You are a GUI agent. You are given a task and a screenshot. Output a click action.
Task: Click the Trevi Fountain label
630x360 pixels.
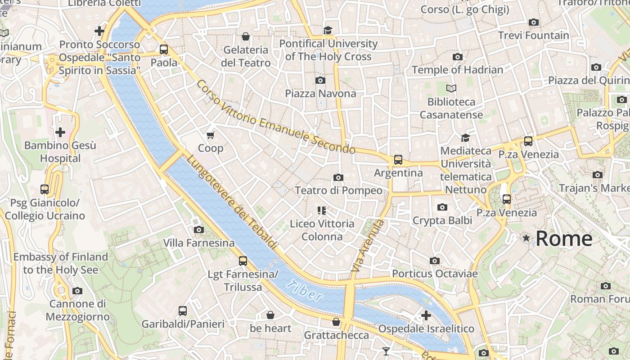coord(534,35)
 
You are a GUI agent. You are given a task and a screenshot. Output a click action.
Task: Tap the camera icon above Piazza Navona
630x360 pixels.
coord(320,81)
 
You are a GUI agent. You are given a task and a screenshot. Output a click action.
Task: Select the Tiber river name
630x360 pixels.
coord(305,291)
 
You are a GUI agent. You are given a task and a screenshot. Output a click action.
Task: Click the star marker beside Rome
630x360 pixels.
coord(526,238)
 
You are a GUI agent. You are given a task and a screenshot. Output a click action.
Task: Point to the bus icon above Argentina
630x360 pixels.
coord(398,160)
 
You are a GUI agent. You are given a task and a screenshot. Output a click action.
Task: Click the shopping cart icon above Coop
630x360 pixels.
coord(210,135)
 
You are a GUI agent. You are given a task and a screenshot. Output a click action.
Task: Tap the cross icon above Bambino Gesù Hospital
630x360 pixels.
coord(60,132)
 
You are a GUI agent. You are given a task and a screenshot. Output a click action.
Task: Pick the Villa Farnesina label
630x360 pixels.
coord(198,243)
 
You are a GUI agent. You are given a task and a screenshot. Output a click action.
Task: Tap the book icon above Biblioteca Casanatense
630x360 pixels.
coord(451,89)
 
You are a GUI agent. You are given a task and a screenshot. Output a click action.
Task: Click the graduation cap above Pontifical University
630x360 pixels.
coord(328,30)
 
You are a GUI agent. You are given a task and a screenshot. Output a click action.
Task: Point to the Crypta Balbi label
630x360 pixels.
coord(442,220)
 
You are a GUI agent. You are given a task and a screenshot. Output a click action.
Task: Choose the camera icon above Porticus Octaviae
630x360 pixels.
coord(434,261)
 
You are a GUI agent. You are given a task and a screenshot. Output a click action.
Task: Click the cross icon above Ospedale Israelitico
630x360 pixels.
coord(426,315)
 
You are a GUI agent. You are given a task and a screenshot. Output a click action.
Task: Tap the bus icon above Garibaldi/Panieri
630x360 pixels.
coord(183,310)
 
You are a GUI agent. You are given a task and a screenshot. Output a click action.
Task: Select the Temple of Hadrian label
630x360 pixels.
coord(458,70)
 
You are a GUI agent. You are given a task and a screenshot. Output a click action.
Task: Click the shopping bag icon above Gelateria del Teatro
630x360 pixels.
coord(246,36)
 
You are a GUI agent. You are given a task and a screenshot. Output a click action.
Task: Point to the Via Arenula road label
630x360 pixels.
coord(368,245)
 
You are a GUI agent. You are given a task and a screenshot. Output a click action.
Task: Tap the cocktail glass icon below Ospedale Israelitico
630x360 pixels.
coord(386,351)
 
